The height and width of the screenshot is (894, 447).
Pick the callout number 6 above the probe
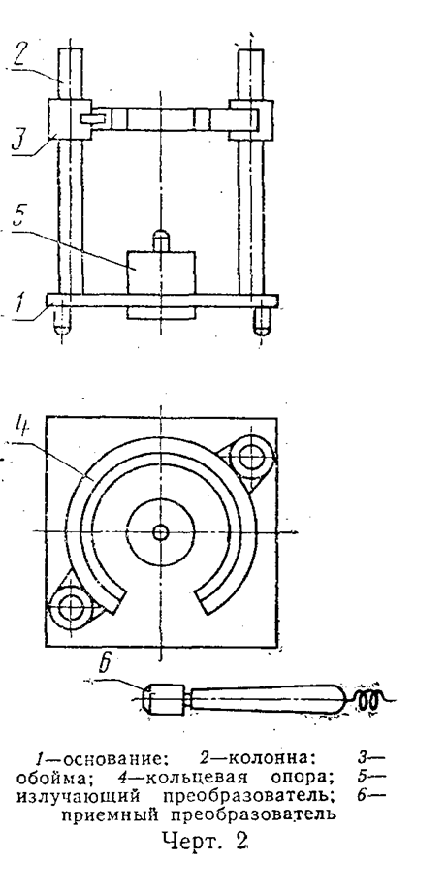[x=105, y=665]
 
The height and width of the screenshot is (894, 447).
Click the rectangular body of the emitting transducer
[x=161, y=272]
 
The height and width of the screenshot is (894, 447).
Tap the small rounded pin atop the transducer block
[x=161, y=239]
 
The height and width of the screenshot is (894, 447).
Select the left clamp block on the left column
[x=70, y=119]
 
